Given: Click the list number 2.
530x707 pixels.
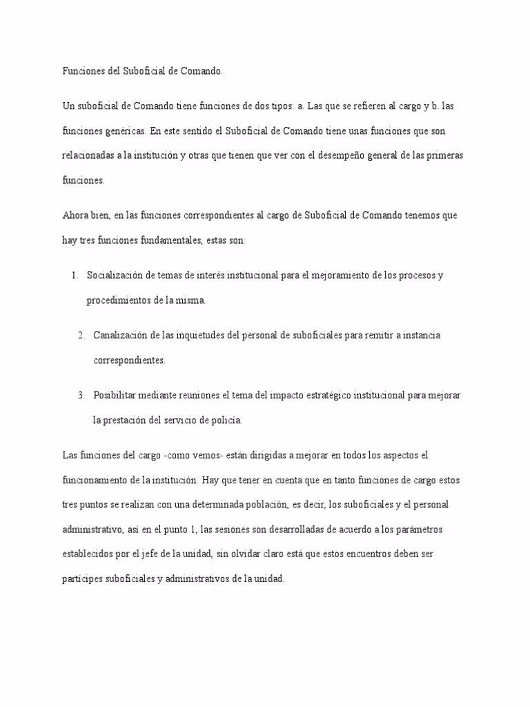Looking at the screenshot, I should [x=81, y=336].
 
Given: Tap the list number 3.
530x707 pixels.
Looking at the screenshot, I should [x=81, y=395].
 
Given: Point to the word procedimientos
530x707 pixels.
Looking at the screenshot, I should [x=118, y=300].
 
